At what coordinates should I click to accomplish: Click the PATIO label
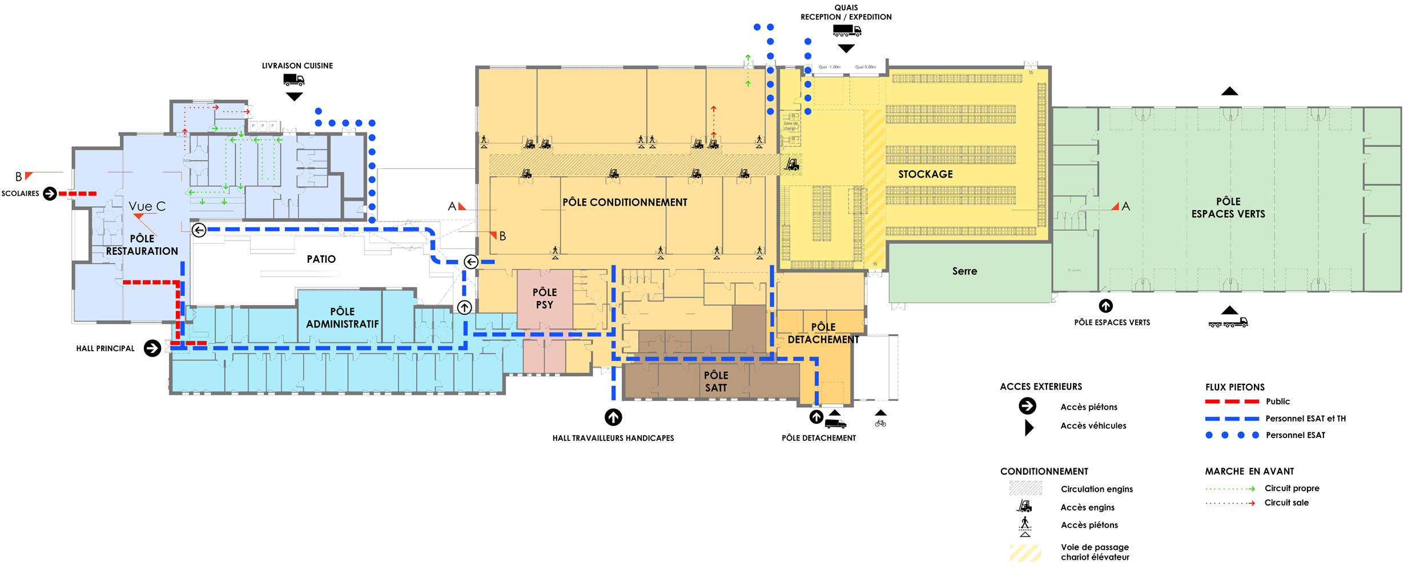tap(321, 259)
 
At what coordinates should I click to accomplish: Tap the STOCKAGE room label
tap(925, 174)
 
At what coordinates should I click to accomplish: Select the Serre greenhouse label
tap(964, 271)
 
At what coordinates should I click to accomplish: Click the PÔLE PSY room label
tap(544, 299)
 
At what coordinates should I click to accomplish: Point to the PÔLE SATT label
tap(715, 382)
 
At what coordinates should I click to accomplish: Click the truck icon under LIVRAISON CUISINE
tap(293, 80)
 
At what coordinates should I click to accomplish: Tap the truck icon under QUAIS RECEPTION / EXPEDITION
tap(846, 31)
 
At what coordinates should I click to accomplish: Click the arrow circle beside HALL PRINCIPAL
tap(152, 348)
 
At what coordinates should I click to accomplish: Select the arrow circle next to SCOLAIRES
tap(50, 194)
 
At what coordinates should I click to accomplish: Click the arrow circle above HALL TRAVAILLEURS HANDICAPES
tap(613, 418)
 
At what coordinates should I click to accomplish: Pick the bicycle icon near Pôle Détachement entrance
tap(880, 423)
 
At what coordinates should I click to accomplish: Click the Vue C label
tap(147, 206)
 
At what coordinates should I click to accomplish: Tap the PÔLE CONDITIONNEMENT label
tap(625, 202)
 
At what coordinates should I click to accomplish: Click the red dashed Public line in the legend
tap(1232, 402)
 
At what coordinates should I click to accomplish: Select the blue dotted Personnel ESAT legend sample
tap(1232, 435)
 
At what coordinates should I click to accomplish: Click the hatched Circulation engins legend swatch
tap(1025, 488)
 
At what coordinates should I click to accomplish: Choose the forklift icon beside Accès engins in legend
tap(1025, 507)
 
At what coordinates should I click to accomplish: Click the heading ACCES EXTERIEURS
tap(1040, 387)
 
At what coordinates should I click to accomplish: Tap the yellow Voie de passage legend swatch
tap(1025, 553)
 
